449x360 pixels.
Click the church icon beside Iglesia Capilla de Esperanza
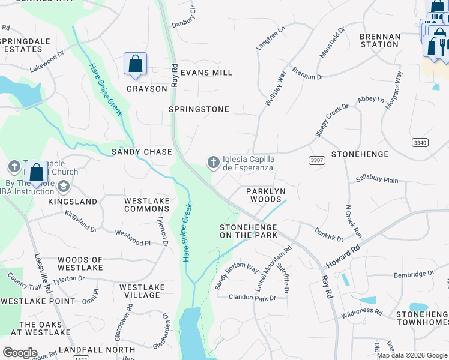pyautogui.click(x=213, y=162)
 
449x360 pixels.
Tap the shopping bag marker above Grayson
pyautogui.click(x=136, y=64)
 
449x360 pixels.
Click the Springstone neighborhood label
pyautogui.click(x=199, y=109)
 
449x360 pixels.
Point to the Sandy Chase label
pyautogui.click(x=142, y=152)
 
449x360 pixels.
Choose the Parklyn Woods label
pyautogui.click(x=264, y=194)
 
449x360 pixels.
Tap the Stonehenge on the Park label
pyautogui.click(x=249, y=231)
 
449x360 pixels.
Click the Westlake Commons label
pyautogui.click(x=146, y=205)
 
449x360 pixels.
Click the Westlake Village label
pyautogui.click(x=142, y=291)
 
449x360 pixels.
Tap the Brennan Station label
pyautogui.click(x=379, y=40)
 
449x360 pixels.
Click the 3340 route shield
pyautogui.click(x=420, y=142)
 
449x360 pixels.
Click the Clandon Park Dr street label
pyautogui.click(x=252, y=298)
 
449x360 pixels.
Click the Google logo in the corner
pyautogui.click(x=20, y=353)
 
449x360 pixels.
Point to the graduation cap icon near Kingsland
pyautogui.click(x=64, y=187)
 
